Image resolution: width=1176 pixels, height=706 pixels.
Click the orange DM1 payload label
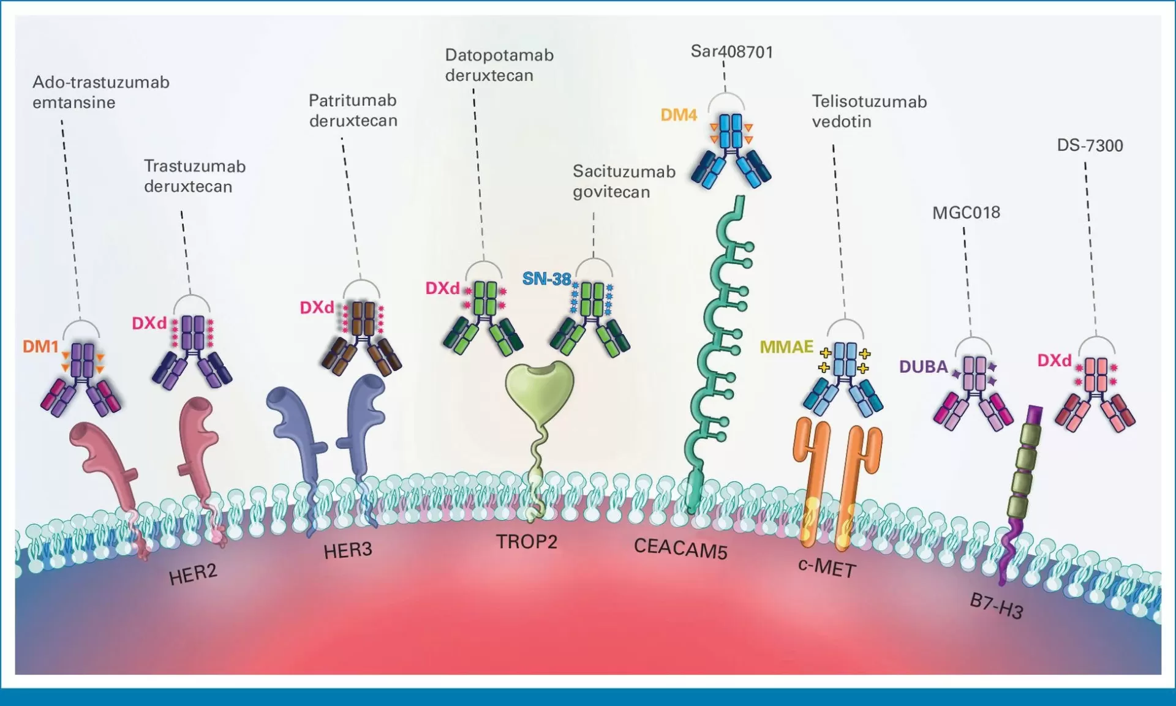40,347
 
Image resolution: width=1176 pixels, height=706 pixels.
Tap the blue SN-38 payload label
546,279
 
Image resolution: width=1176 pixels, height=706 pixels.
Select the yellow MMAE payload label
786,347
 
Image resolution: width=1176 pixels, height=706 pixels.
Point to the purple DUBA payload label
923,367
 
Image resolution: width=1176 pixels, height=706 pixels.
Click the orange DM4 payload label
679,115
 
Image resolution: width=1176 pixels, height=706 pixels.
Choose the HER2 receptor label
193,574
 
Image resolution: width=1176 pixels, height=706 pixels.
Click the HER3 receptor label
348,550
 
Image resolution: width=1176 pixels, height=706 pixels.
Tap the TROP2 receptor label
527,542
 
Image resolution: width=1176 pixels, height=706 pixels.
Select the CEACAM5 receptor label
680,548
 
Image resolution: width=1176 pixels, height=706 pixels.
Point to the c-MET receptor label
827,568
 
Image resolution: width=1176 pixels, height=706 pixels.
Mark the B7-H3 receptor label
997,606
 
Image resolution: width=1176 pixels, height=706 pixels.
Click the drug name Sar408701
732,51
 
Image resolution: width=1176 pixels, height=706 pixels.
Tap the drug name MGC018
966,212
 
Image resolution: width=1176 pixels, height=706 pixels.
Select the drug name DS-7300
1090,146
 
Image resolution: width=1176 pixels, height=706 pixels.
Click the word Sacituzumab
624,171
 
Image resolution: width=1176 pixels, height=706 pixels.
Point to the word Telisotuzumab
869,102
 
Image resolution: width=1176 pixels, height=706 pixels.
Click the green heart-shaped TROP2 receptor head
540,389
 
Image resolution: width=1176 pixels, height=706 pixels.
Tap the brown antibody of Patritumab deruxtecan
362,337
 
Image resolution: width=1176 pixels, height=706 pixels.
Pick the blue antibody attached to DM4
731,150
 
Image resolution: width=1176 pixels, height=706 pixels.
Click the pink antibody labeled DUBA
974,392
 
